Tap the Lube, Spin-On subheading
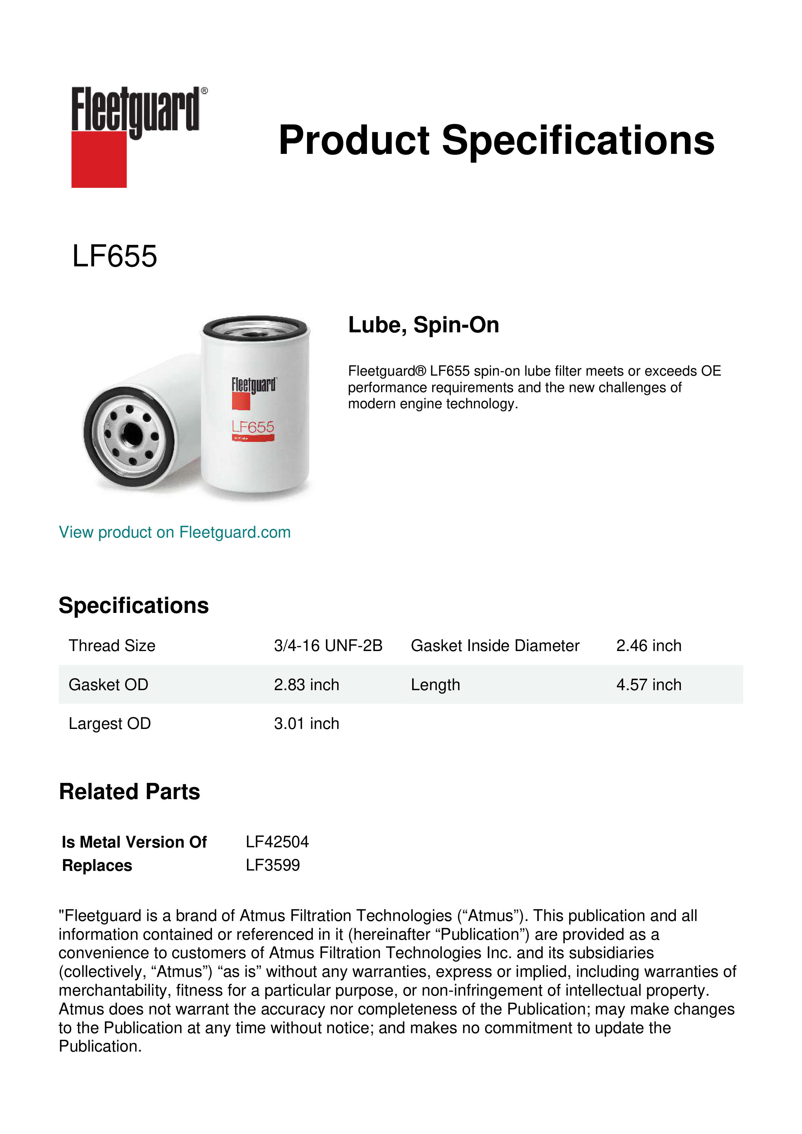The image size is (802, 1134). click(x=423, y=325)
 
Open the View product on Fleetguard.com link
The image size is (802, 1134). click(x=174, y=532)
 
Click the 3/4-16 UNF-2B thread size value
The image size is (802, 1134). click(x=328, y=646)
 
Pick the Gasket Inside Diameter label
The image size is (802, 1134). click(x=495, y=646)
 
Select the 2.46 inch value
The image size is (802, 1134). click(x=648, y=646)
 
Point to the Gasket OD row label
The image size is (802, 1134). click(x=108, y=685)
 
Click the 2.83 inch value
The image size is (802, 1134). click(x=306, y=685)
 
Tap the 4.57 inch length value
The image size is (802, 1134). click(x=648, y=685)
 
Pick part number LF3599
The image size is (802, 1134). click(x=273, y=865)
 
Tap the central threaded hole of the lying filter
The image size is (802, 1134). click(x=131, y=433)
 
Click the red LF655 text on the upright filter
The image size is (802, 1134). click(x=253, y=427)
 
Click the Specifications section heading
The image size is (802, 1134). click(x=133, y=605)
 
